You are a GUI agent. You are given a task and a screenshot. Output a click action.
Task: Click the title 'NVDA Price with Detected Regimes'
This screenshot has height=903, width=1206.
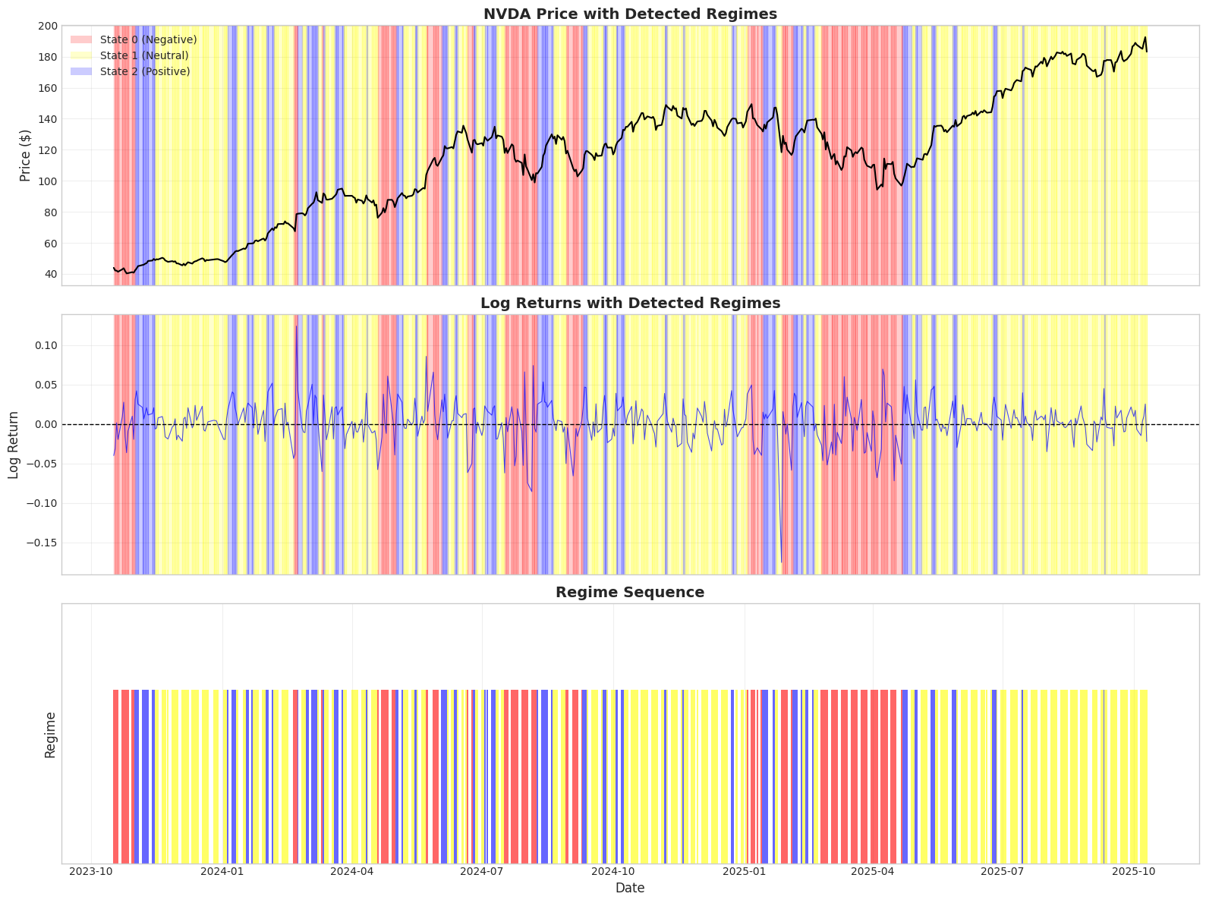[630, 14]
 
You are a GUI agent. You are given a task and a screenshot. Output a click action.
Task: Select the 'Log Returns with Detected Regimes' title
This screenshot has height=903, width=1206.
[630, 303]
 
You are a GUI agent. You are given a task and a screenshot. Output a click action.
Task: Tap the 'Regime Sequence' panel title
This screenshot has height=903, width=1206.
[630, 593]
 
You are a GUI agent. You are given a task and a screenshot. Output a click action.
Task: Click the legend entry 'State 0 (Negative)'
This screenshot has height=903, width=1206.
[148, 39]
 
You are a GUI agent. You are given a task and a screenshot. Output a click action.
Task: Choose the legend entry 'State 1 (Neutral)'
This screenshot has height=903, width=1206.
[144, 55]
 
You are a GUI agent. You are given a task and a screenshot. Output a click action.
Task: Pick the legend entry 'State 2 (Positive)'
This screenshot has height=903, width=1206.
[145, 71]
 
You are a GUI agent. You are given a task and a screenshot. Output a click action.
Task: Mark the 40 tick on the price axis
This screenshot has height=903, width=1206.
[49, 275]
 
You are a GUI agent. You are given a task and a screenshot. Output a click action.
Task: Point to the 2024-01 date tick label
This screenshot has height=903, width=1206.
[222, 873]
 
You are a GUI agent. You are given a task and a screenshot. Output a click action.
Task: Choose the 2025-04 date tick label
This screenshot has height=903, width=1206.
[873, 873]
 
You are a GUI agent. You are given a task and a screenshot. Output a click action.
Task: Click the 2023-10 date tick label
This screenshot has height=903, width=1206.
[91, 873]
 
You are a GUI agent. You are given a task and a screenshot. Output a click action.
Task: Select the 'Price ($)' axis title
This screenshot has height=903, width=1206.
[26, 156]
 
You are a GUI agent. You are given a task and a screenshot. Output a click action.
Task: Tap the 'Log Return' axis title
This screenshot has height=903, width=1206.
[14, 445]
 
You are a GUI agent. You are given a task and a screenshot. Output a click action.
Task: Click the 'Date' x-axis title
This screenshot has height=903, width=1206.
[630, 888]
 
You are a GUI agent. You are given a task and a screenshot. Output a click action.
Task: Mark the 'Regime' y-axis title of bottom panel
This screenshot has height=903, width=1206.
[50, 735]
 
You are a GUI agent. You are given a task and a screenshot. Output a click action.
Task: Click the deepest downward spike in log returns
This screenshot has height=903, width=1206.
[781, 562]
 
